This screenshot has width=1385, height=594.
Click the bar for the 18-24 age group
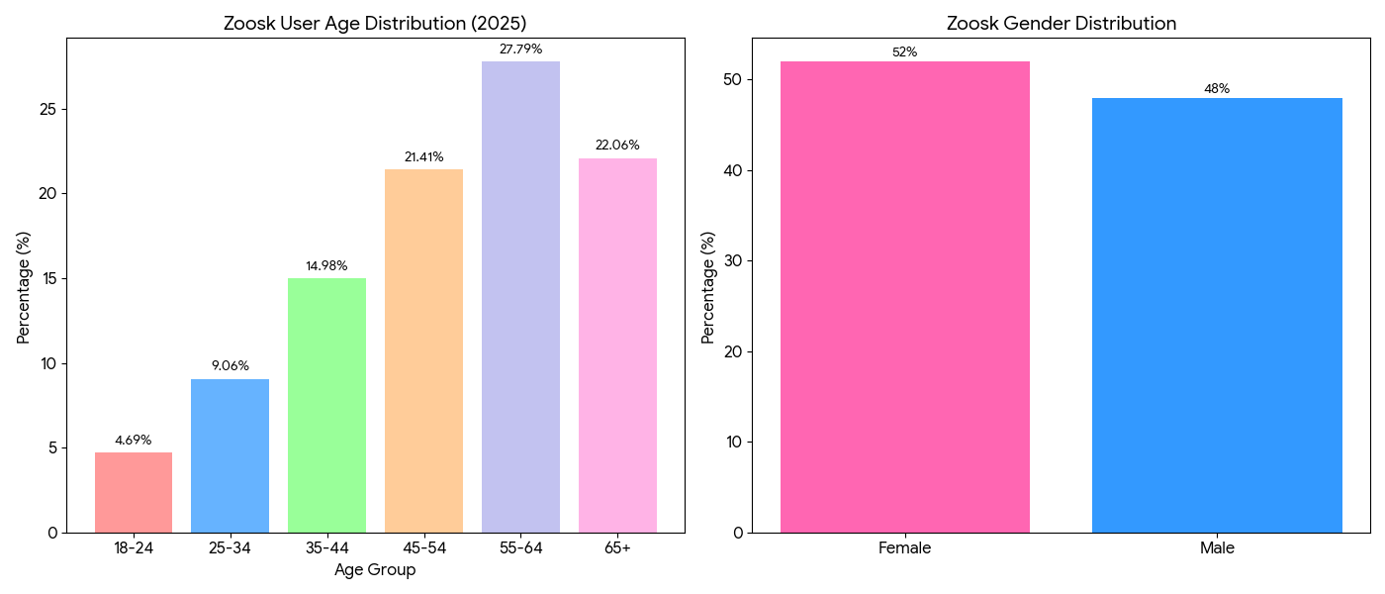[134, 492]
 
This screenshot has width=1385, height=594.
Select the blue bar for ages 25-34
[230, 455]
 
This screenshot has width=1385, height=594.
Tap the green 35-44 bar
[326, 405]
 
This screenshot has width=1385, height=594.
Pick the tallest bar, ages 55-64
[520, 297]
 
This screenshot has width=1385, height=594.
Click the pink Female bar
[904, 297]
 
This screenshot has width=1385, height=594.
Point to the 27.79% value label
[520, 49]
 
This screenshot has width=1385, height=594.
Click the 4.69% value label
[134, 441]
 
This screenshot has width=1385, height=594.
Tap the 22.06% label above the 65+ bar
[617, 146]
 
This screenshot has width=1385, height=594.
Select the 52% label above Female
[904, 52]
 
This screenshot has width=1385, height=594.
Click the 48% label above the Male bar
[1217, 89]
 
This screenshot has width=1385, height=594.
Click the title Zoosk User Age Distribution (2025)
[375, 24]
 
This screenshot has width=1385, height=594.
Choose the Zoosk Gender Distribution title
[1061, 24]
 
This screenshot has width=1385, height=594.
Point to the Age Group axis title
[375, 570]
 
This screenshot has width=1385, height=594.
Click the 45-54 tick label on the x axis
[423, 547]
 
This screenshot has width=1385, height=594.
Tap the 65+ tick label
[617, 547]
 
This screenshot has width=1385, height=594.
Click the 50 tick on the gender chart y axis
[731, 80]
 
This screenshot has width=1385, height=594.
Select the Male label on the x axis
[1217, 547]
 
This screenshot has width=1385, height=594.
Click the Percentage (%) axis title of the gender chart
[707, 287]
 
